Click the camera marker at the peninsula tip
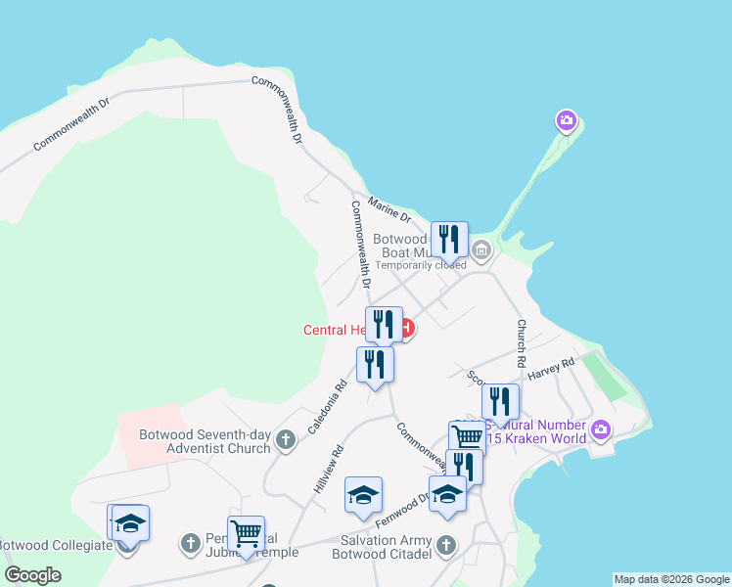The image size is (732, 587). point(566,121)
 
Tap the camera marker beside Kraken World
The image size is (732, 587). point(601,429)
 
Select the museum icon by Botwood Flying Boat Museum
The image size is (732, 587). point(480,251)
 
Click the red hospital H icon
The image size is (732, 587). point(406,328)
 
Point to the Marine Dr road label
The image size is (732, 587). point(389,210)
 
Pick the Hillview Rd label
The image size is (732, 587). point(326,470)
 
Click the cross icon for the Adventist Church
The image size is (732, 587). point(286,440)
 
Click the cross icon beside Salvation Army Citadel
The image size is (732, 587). point(446,545)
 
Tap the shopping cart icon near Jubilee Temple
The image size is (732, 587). point(246,533)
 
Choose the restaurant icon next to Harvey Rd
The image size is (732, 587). point(499,400)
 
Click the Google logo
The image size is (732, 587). point(32,575)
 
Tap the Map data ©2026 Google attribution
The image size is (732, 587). point(671,579)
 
